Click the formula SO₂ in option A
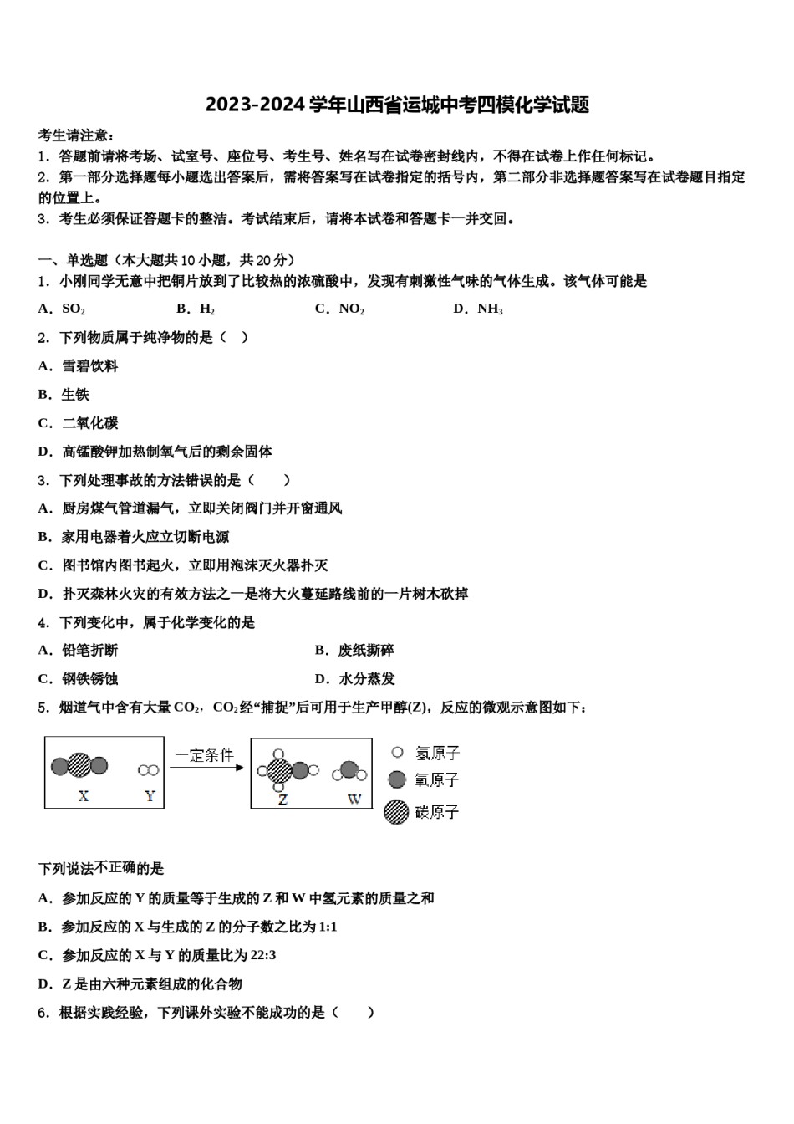(74, 309)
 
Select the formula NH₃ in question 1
(490, 309)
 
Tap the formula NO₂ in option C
(351, 309)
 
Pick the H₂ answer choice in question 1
(207, 309)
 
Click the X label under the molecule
(83, 796)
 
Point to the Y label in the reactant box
(150, 796)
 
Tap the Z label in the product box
(282, 800)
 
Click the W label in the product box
(354, 800)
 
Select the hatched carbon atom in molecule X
(79, 764)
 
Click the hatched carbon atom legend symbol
(396, 811)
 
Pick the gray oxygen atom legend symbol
(397, 779)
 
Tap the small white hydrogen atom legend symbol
(397, 753)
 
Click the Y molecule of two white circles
(149, 769)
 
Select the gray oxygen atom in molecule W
(350, 769)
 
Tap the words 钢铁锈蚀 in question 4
(89, 679)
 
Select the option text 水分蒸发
(367, 679)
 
